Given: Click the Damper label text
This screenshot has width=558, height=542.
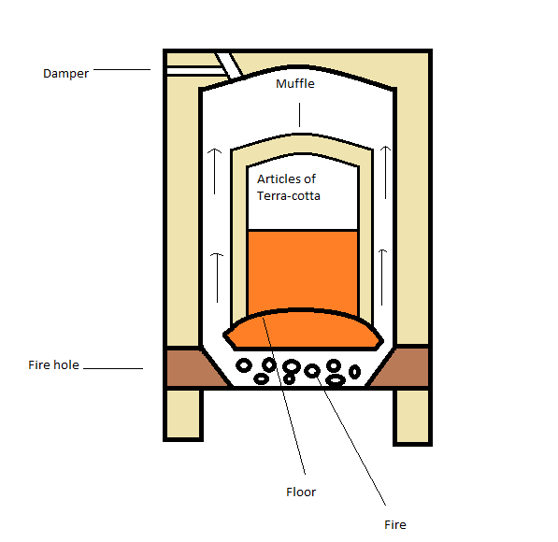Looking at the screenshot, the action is coord(65,74).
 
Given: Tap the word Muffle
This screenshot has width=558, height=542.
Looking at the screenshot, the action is coord(295,83).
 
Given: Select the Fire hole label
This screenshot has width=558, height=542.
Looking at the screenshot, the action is coord(53,364).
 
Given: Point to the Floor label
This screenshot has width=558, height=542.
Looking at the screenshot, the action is coord(301,492).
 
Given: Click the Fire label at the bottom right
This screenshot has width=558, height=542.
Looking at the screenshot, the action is coord(395,524).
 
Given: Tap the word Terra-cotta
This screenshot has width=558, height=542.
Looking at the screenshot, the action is coord(289,195).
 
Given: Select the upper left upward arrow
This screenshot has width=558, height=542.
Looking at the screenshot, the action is coord(214,171).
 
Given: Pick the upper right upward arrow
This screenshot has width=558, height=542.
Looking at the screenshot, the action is coord(385,172).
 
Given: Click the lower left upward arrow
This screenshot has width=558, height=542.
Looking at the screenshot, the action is coord(217,278).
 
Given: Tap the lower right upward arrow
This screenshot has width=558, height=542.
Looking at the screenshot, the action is coord(382,278).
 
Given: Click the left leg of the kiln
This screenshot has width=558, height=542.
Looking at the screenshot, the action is coord(183,414).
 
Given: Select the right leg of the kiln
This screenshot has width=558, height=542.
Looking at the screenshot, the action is coord(413,417).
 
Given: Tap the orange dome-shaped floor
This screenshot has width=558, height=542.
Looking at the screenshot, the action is coord(303,330).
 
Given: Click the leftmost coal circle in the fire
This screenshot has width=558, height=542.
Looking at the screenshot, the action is coord(244,365).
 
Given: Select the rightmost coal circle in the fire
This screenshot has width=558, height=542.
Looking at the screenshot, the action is coord(354,372).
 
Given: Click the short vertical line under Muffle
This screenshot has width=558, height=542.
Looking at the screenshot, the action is coord(299,115).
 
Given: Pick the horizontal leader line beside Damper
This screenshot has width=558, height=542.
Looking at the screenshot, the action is coord(122,69).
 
